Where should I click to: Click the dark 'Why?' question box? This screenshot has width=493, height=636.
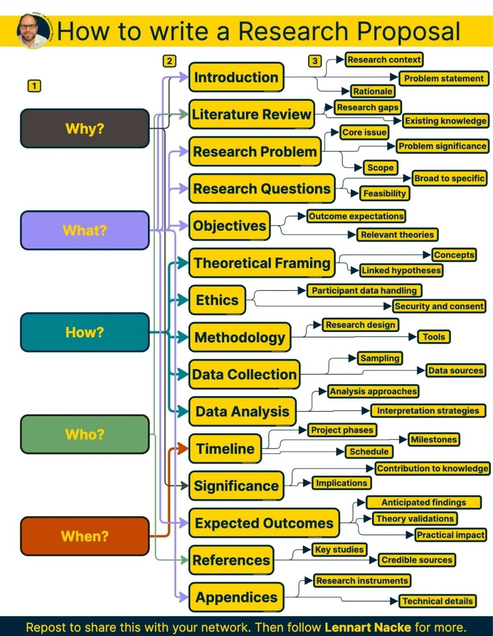85,128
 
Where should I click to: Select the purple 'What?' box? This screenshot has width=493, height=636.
85,230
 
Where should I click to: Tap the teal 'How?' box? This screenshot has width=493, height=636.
85,332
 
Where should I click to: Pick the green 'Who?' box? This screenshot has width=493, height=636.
85,434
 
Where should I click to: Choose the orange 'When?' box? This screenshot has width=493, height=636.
85,536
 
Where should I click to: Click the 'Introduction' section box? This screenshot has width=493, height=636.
236,77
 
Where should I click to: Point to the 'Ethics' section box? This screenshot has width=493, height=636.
217,300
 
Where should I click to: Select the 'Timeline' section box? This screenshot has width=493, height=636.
225,449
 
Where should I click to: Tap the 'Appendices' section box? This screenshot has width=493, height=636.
236,597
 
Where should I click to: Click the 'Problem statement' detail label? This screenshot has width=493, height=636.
444,79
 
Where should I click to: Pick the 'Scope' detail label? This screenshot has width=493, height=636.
380,168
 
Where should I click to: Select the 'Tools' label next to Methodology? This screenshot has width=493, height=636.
434,337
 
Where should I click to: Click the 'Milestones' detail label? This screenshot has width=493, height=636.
434,440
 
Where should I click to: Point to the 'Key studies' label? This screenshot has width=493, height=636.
339,550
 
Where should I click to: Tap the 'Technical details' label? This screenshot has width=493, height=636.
437,601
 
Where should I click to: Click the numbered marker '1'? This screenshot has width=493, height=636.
34,86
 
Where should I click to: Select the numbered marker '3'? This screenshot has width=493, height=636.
315,61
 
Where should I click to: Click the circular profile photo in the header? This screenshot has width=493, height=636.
33,31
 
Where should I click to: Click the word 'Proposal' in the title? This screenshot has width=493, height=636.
409,32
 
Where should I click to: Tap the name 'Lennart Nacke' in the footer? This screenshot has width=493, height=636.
368,627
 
